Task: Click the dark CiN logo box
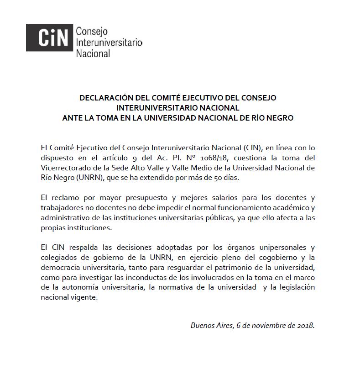click(x=48, y=37)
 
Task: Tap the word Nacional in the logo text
click(x=93, y=53)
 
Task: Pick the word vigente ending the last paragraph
click(x=83, y=298)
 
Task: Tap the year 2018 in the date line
click(x=304, y=326)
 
